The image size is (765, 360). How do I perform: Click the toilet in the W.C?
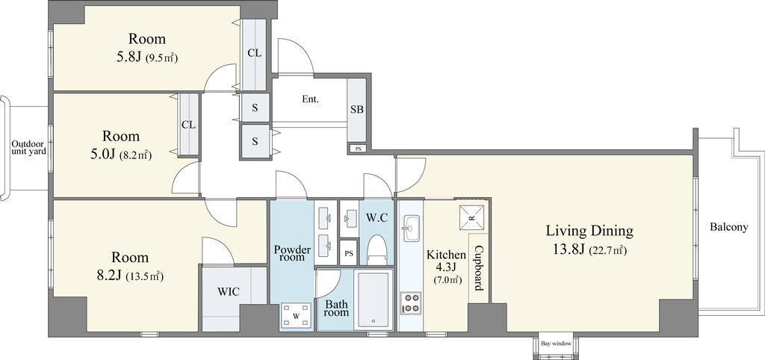point(377,249)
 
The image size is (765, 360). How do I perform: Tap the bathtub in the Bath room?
point(374,300)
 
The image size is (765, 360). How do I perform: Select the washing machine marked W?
point(296,316)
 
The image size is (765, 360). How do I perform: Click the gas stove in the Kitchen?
point(410,302)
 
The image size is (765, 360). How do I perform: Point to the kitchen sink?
point(411,228)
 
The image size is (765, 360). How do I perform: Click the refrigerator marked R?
point(472,217)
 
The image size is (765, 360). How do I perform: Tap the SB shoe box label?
point(356,109)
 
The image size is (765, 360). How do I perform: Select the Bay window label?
point(556,344)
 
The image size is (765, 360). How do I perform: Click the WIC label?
point(229,292)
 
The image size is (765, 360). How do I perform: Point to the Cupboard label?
point(479,267)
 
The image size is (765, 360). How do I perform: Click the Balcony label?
point(729,227)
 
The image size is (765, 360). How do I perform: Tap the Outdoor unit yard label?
point(29,147)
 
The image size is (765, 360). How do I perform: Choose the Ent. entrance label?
point(310,99)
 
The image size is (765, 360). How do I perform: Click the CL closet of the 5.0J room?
point(189,125)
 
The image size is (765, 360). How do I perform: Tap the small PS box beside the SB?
point(358,149)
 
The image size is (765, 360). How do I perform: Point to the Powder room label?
point(292,253)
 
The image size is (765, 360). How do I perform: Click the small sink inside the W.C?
point(350,217)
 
